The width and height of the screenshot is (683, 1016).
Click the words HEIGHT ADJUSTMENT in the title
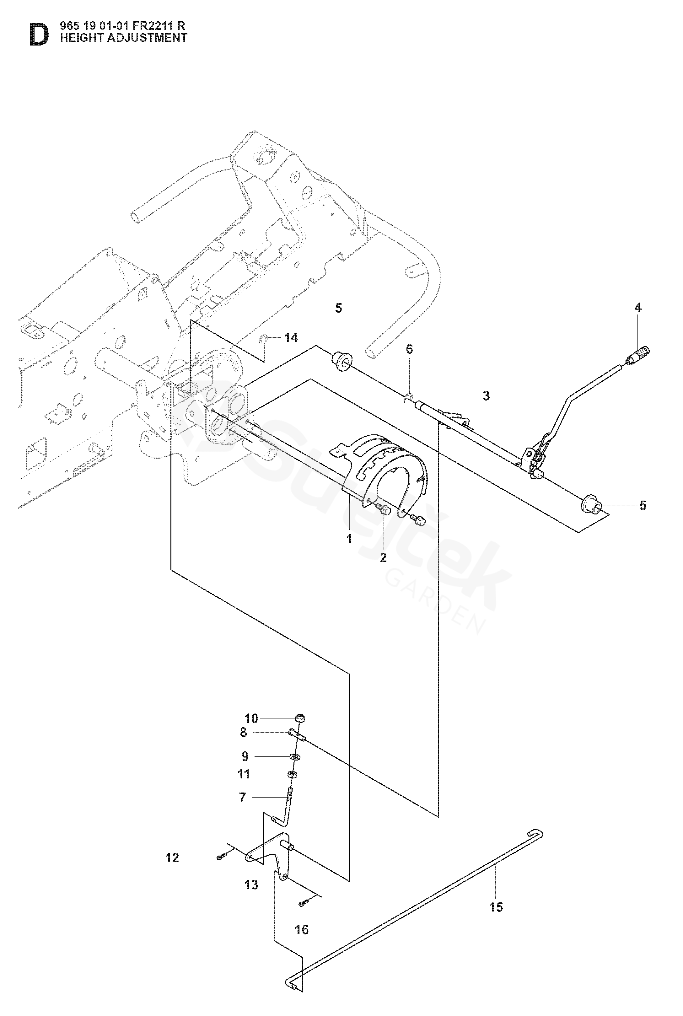click(x=124, y=38)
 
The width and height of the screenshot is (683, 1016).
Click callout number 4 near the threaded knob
click(x=638, y=308)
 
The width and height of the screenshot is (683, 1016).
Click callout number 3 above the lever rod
click(x=486, y=396)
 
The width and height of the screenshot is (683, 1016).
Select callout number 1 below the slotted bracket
click(x=349, y=539)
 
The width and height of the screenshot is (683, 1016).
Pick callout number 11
click(x=244, y=774)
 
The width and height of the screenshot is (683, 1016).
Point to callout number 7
click(x=243, y=797)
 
